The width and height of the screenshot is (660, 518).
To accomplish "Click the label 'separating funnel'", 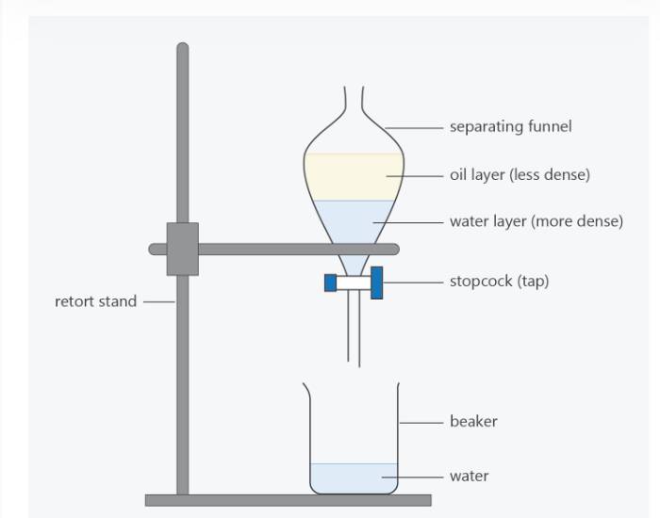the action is (x=511, y=126).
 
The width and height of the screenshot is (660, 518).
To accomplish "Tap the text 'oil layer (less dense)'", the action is (x=520, y=174).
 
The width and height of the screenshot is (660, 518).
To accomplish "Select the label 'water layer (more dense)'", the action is (x=536, y=221).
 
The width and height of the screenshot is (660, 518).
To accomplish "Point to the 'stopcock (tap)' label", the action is (x=499, y=281).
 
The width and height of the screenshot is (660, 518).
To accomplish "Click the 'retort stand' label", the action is (x=96, y=301).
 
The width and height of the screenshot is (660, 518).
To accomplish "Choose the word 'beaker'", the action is (x=473, y=421).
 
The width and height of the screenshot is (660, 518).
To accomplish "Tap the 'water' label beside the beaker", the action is (x=470, y=476).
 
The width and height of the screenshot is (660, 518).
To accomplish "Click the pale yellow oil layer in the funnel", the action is (x=354, y=177).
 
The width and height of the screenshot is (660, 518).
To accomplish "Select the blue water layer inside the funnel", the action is (x=354, y=220).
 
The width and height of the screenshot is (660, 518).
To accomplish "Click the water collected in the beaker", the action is (x=354, y=478).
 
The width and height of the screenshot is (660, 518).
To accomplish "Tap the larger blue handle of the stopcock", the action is (x=377, y=283).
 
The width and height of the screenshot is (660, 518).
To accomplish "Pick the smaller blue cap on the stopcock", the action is (x=330, y=283).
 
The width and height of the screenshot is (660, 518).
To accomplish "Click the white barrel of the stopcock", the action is (x=354, y=283).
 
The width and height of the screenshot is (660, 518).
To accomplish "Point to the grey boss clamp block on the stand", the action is (x=183, y=249).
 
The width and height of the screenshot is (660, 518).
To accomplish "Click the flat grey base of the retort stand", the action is (x=289, y=500).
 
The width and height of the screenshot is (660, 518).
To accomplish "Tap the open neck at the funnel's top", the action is (x=354, y=99).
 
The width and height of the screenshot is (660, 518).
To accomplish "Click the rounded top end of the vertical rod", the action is (x=183, y=46).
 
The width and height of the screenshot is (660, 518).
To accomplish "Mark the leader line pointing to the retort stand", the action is (x=158, y=301).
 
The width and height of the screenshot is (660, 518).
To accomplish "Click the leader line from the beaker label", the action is (x=421, y=423).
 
